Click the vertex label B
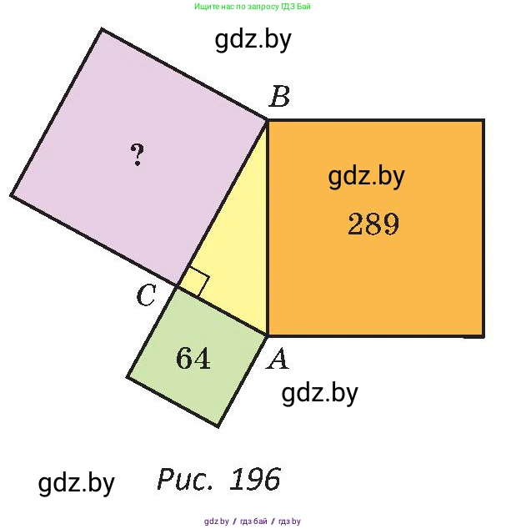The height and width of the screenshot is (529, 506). [279, 97]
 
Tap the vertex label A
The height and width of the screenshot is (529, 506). [277, 360]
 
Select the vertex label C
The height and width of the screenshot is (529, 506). [147, 295]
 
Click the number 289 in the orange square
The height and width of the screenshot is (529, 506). [373, 224]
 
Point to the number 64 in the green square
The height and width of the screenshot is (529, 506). [193, 358]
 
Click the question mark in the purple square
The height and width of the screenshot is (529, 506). [138, 154]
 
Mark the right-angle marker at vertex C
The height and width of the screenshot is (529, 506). [194, 282]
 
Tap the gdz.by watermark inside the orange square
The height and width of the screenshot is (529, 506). [366, 176]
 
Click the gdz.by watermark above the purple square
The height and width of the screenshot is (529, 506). [253, 40]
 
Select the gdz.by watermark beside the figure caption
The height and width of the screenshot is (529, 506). [76, 483]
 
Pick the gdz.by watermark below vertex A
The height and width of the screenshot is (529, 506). [319, 393]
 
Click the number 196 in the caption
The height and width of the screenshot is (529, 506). [255, 479]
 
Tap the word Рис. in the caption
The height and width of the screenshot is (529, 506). [185, 479]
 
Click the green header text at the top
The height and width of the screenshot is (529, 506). [253, 7]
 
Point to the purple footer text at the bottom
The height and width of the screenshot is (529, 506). [253, 521]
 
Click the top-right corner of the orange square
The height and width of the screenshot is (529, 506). [483, 120]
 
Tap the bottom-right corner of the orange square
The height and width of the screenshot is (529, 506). [483, 335]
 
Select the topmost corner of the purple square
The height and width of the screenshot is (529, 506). [102, 30]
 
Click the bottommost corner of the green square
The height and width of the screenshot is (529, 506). [218, 426]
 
